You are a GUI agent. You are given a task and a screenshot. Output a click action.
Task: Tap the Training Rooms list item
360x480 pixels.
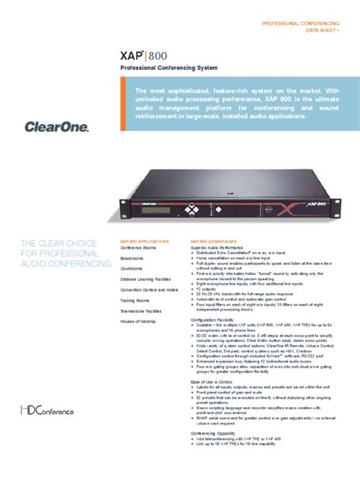click(x=134, y=300)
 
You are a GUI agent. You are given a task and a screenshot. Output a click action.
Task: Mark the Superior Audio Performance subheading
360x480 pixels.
click(x=216, y=248)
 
